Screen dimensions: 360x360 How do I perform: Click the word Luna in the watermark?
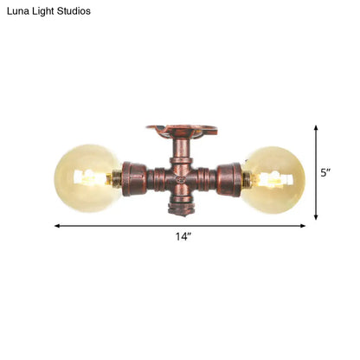point(20,11)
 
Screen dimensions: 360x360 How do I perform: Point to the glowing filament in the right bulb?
point(267,180)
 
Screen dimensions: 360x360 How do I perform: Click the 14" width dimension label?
point(181,236)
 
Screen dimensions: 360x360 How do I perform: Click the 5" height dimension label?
point(326,173)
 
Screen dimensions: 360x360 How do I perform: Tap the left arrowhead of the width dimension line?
point(57,226)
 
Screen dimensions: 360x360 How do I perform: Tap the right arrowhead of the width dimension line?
point(303,226)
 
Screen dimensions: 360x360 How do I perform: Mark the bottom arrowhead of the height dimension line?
point(316,216)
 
